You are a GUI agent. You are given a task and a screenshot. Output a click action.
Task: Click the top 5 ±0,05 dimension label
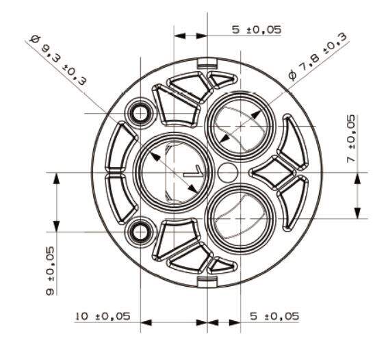pos(256,30)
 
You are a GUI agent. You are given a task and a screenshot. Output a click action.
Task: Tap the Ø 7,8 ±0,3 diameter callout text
pos(318,56)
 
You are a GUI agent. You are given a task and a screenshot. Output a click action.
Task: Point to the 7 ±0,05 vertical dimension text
pos(351,138)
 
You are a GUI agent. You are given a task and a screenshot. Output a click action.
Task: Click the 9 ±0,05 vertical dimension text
pos(50,271)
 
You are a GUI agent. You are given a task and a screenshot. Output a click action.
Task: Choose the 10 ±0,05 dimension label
pos(103,316)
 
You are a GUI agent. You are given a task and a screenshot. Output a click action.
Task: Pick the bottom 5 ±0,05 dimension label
pos(274,316)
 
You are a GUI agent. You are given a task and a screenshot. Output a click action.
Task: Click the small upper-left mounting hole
pos(140,114)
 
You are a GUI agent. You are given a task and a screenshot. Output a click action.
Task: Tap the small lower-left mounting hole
pos(140,232)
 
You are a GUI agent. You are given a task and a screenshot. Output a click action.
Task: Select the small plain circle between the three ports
pos(228,172)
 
